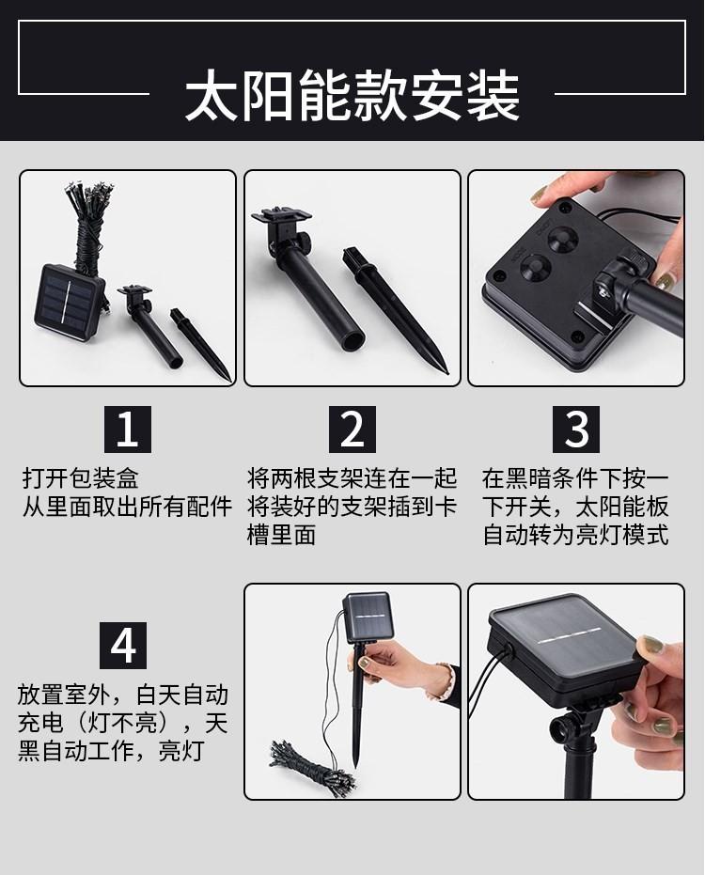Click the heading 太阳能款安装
[x=352, y=96]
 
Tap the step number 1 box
[x=127, y=430]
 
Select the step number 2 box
[x=352, y=430]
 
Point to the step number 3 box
[x=576, y=430]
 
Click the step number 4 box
[x=123, y=645]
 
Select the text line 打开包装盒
[x=81, y=478]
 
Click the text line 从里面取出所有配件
[x=127, y=507]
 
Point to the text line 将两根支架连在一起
[x=352, y=478]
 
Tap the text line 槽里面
[x=281, y=535]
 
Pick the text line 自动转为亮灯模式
[x=575, y=535]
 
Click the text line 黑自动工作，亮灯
[x=111, y=751]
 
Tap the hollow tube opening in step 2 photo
[x=352, y=338]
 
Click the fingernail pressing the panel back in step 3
[x=540, y=195]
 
